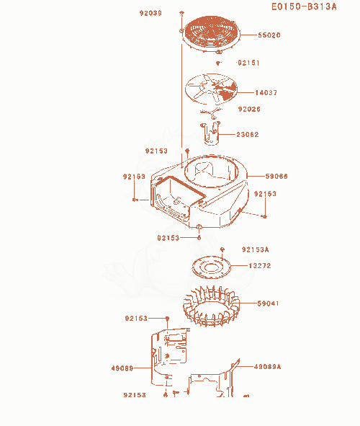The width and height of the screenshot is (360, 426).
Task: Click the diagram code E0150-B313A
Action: pos(304,6)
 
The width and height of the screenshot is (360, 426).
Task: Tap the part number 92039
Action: pos(150,13)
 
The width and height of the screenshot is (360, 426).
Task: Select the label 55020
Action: pos(269,35)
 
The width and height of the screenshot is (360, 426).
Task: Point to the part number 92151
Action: pos(248,63)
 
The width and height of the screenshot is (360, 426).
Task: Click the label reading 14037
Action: pos(266,93)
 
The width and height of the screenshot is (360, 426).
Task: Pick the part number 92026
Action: pos(249,110)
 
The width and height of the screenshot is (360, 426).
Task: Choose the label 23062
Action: pos(248,135)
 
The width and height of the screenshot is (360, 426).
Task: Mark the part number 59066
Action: pos(276,177)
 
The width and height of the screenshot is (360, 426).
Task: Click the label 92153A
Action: pos(256,249)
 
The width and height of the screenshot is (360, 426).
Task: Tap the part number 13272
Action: pos(260,266)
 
